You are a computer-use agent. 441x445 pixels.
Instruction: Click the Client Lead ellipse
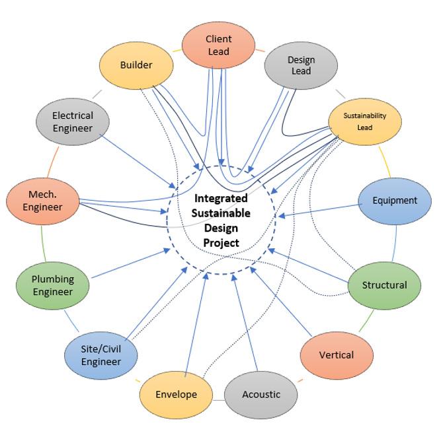click(218, 45)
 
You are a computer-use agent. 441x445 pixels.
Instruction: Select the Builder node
click(136, 65)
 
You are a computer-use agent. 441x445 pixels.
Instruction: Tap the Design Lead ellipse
click(301, 65)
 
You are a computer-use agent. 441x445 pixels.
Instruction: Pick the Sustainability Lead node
click(364, 121)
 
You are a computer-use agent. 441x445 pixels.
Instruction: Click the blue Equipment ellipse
click(394, 201)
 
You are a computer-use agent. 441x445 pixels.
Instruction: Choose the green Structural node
click(384, 285)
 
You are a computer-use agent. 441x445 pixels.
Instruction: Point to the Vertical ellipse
click(336, 355)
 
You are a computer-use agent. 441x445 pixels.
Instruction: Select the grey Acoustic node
click(261, 394)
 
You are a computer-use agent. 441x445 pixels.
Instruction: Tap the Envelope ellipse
click(176, 394)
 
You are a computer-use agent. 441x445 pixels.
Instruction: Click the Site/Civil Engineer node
click(101, 355)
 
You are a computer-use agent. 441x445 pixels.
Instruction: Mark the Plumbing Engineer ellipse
click(53, 285)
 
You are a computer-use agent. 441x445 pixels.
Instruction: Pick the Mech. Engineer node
click(44, 200)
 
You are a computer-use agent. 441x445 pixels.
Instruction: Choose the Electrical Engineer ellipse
click(73, 121)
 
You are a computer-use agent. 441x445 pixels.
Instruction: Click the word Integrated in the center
click(221, 198)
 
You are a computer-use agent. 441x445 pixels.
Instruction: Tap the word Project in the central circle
click(221, 242)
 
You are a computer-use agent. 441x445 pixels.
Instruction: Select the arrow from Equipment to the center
click(320, 209)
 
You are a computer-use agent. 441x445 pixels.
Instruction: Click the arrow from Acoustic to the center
click(245, 324)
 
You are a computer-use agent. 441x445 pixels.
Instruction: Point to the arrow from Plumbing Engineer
click(129, 264)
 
